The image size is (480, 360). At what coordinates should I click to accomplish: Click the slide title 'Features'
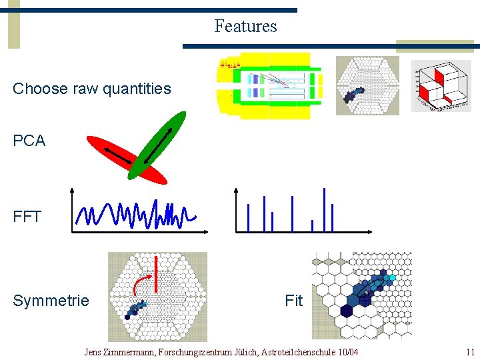tap(245, 27)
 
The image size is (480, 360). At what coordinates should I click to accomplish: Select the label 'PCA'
tap(29, 141)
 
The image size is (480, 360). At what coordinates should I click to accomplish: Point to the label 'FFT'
tap(27, 217)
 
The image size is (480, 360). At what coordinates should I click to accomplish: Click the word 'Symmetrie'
tap(51, 301)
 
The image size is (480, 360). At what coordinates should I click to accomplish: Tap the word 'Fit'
tap(293, 301)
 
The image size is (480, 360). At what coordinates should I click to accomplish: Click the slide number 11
tap(470, 352)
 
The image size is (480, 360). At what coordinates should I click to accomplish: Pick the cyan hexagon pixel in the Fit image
tap(393, 277)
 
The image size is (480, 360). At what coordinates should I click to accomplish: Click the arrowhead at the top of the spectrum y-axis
tap(235, 190)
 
